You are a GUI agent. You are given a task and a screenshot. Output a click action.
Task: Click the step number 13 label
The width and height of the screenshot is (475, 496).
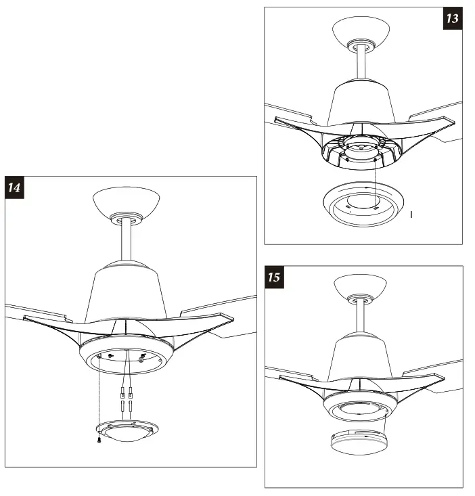(452, 18)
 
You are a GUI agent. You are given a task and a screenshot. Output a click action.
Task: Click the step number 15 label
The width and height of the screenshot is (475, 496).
(274, 277)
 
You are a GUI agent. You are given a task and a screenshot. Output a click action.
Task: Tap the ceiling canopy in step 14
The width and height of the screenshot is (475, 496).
(126, 201)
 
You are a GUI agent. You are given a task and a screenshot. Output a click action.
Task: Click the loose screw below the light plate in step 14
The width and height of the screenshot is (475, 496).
(99, 441)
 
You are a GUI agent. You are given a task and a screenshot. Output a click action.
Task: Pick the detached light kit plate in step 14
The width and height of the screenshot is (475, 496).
(129, 432)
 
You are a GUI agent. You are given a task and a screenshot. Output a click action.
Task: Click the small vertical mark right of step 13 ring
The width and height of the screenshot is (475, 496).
(411, 215)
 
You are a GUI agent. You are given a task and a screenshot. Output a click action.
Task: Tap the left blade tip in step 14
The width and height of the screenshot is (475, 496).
(27, 316)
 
